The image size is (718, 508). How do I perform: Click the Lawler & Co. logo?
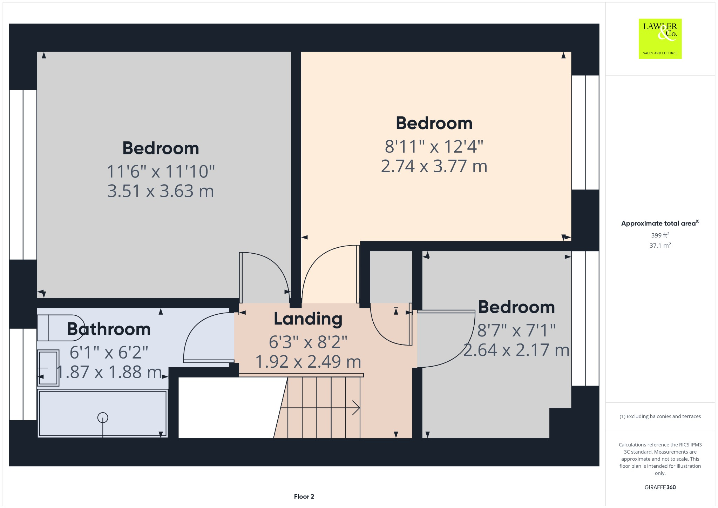(660, 39)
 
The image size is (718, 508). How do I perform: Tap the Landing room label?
(308, 319)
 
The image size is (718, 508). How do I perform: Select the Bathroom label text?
(109, 329)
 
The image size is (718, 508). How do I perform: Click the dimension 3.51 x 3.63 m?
(161, 191)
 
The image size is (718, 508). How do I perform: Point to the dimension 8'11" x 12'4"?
(434, 146)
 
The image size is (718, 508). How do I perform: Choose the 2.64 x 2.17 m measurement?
(516, 350)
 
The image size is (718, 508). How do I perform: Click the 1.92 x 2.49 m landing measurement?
(308, 362)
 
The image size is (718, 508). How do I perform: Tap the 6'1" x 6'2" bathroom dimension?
(109, 352)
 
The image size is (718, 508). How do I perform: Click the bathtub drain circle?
(103, 417)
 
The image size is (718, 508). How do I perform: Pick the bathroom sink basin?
(48, 368)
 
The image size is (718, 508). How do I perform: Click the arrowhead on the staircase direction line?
(357, 408)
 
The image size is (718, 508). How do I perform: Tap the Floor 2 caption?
(304, 496)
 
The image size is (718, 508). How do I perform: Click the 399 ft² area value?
(660, 235)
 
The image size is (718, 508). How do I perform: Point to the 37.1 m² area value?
(660, 246)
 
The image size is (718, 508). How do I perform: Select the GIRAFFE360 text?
(660, 487)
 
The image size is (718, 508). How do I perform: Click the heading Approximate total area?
(658, 223)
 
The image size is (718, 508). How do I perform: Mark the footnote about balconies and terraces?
(660, 416)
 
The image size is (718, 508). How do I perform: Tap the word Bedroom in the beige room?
(434, 123)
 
